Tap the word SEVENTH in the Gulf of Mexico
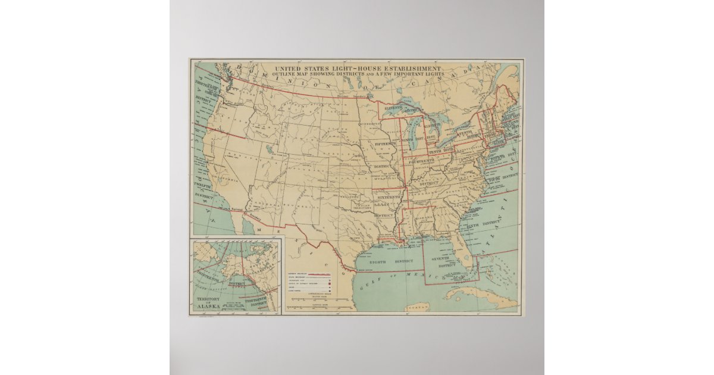pyautogui.click(x=444, y=259)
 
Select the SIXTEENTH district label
pyautogui.click(x=389, y=196)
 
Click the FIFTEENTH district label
pyautogui.click(x=386, y=144)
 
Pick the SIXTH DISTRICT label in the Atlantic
pyautogui.click(x=483, y=224)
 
